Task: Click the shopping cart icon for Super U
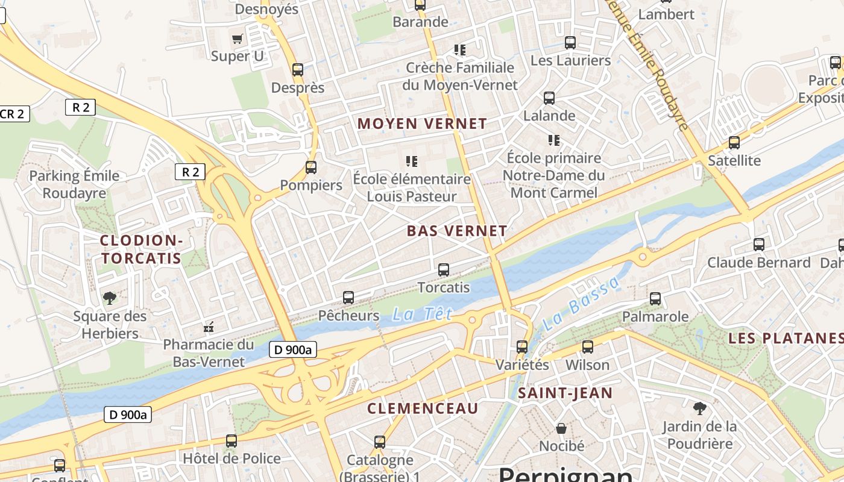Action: pyautogui.click(x=237, y=39)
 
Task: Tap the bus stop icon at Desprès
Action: pyautogui.click(x=298, y=70)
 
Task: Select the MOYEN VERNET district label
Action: pyautogui.click(x=422, y=124)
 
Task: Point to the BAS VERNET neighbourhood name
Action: pyautogui.click(x=457, y=231)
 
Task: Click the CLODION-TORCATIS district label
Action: pyautogui.click(x=141, y=249)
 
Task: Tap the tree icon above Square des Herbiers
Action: pyautogui.click(x=110, y=298)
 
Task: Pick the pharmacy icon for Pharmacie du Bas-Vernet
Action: pyautogui.click(x=209, y=327)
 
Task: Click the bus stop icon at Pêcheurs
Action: pyautogui.click(x=348, y=298)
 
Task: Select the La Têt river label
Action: pyautogui.click(x=422, y=314)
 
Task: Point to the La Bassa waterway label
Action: pyautogui.click(x=580, y=304)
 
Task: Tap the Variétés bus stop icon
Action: pyautogui.click(x=522, y=347)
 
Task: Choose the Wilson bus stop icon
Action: pyautogui.click(x=588, y=347)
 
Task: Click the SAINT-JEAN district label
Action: pyautogui.click(x=565, y=393)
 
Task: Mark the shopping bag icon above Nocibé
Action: pyautogui.click(x=561, y=428)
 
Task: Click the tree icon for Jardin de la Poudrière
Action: pyautogui.click(x=699, y=409)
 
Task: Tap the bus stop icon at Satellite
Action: pyautogui.click(x=734, y=143)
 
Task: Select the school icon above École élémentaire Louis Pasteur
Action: pyautogui.click(x=412, y=161)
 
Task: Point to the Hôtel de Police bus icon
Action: pyautogui.click(x=231, y=441)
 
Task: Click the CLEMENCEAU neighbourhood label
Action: pyautogui.click(x=423, y=408)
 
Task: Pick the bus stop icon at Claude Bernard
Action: pyautogui.click(x=759, y=245)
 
